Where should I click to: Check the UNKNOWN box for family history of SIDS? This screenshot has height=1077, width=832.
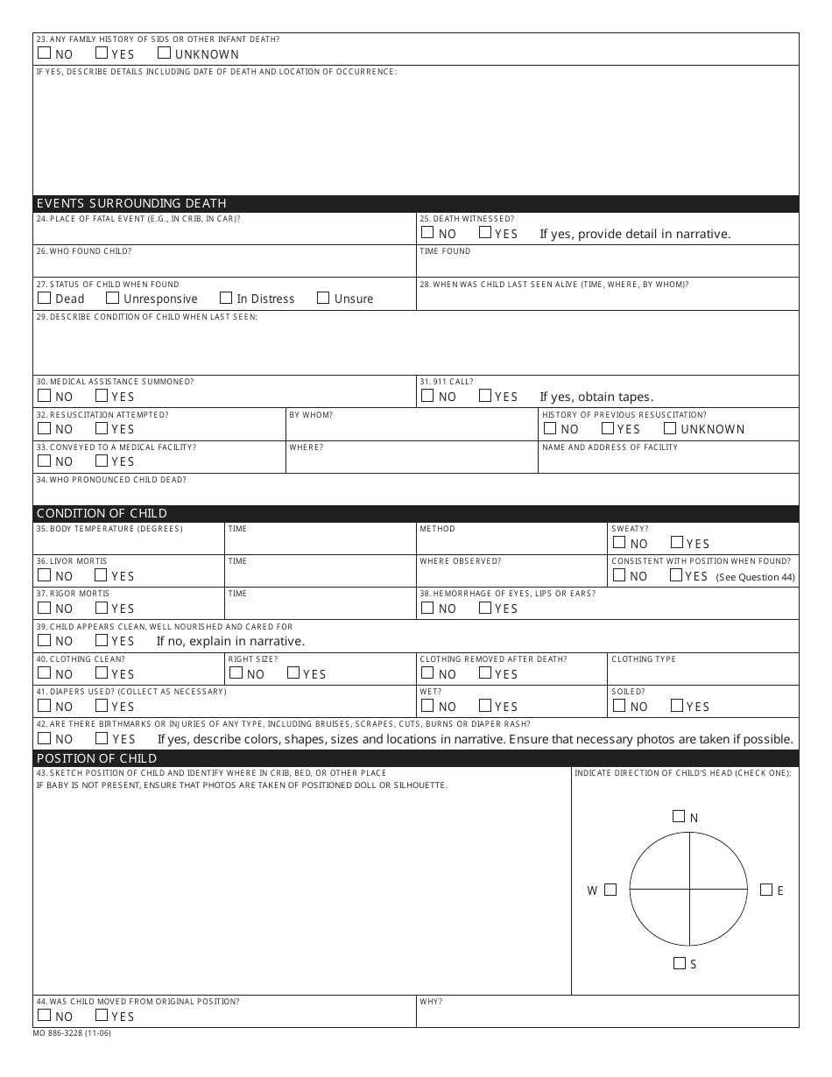(164, 53)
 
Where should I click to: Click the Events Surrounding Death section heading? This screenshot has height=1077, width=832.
(131, 203)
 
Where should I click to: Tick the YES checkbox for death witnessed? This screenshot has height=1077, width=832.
(485, 233)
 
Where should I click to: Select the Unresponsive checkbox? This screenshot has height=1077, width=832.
(112, 298)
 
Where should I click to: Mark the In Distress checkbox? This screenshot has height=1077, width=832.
(226, 298)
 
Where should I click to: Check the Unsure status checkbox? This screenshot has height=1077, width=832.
(323, 298)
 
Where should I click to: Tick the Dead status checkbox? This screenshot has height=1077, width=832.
(44, 298)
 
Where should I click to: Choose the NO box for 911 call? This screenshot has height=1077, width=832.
(427, 396)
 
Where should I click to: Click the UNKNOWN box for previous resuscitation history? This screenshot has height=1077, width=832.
(670, 428)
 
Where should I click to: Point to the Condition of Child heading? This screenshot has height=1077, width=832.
(102, 513)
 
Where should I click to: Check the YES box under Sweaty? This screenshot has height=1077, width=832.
(676, 542)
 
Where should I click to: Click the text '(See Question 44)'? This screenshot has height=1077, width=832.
(755, 577)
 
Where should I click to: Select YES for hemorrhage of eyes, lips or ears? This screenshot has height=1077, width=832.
(485, 608)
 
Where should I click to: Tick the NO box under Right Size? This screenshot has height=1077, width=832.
(236, 673)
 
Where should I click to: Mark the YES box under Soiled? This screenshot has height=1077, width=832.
(676, 706)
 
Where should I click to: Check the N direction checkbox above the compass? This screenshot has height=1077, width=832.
(679, 816)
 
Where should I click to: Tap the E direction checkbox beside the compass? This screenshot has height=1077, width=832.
(766, 890)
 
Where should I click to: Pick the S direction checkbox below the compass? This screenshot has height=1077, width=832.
(680, 963)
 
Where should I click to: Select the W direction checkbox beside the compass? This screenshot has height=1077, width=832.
(610, 890)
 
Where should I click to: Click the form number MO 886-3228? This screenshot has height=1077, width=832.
(72, 1033)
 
